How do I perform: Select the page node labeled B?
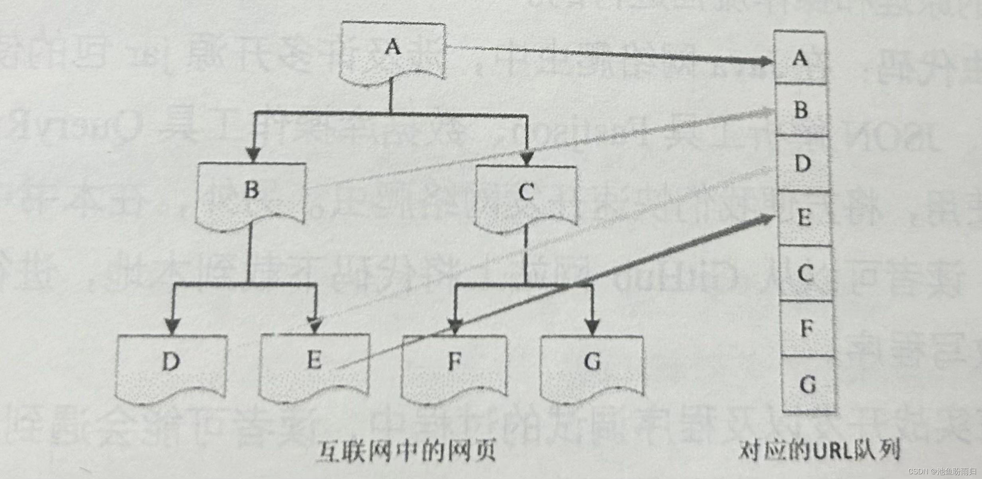251,195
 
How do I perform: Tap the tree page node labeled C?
526,197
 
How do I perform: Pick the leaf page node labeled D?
171,367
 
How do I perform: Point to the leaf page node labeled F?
455,367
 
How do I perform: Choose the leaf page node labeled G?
592,367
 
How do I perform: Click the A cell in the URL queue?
800,58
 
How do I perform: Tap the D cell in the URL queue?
803,164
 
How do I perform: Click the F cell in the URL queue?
807,329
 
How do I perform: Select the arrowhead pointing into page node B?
253,155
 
